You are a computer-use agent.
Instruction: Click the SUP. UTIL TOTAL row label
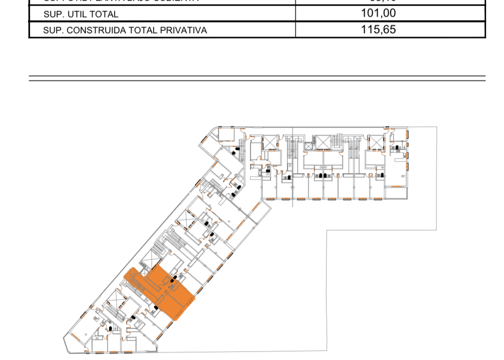(x=80, y=14)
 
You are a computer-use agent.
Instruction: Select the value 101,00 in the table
(x=378, y=13)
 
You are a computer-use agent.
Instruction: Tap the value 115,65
(x=378, y=29)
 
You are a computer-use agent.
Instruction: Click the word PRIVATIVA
(x=183, y=30)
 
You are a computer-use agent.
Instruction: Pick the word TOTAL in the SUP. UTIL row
(x=105, y=14)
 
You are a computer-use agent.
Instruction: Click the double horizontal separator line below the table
(x=257, y=78)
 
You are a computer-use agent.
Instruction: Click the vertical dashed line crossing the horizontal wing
(x=293, y=165)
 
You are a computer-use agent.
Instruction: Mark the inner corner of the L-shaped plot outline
(x=327, y=230)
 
